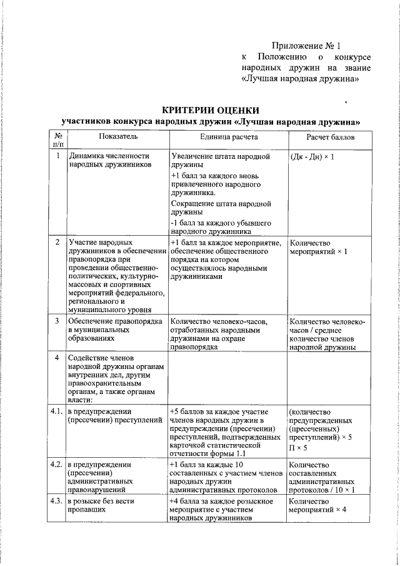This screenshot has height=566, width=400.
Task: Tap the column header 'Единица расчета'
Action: pyautogui.click(x=227, y=136)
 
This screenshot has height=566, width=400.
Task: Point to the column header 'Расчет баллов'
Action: pyautogui.click(x=329, y=136)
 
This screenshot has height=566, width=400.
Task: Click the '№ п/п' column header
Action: pyautogui.click(x=57, y=140)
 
